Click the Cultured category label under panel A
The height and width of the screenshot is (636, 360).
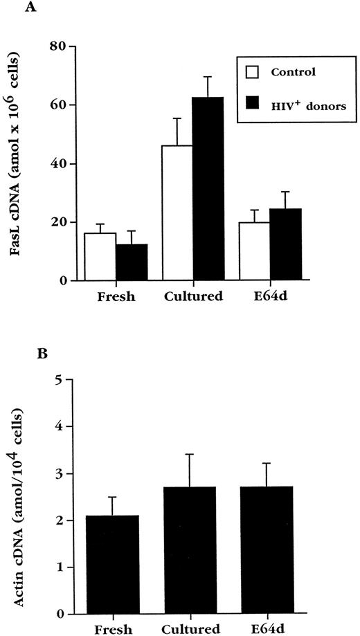coord(193,298)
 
